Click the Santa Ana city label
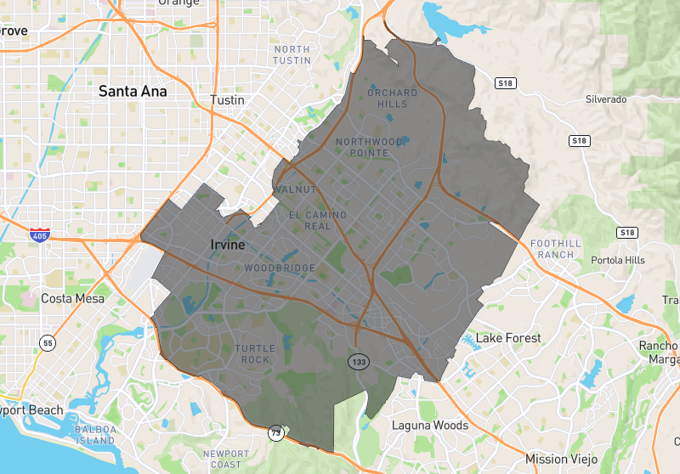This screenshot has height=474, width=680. (133, 91)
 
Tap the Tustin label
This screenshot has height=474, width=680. (227, 99)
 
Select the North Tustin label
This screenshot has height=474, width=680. (292, 54)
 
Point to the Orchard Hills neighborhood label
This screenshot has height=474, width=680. (392, 98)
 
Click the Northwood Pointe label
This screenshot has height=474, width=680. (369, 147)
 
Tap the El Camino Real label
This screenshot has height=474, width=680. (318, 220)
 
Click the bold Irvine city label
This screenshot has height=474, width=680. (227, 245)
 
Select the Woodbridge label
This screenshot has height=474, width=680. (280, 268)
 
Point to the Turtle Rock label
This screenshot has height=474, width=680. (252, 354)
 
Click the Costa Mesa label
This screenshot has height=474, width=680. (73, 298)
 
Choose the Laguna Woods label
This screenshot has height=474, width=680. (429, 425)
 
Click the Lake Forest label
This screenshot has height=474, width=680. (508, 337)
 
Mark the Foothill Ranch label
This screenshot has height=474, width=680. (556, 249)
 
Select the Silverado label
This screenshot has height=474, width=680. (606, 99)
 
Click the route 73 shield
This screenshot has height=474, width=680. (276, 432)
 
